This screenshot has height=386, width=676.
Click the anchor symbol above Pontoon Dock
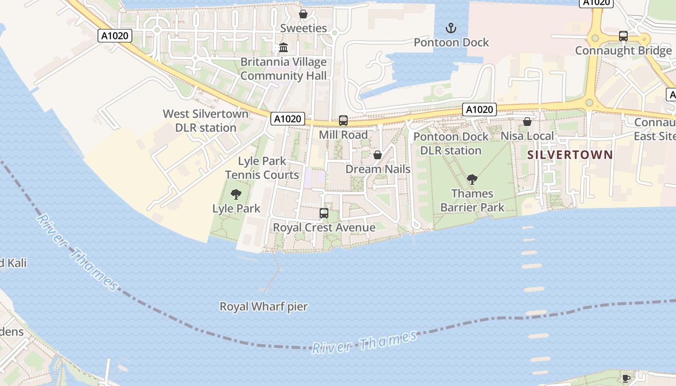(x=451, y=28)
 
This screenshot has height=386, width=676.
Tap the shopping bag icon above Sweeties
(x=303, y=14)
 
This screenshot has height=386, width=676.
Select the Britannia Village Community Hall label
(x=283, y=69)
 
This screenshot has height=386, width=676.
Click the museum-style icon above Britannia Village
(x=283, y=48)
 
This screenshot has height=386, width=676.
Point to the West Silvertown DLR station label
(x=206, y=121)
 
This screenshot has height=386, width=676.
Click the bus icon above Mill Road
(x=343, y=121)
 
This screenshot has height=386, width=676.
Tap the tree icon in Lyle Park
(x=236, y=194)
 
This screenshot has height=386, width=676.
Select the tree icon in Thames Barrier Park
(x=472, y=179)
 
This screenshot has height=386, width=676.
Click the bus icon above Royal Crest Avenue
(x=324, y=213)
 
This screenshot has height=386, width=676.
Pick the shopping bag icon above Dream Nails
(x=378, y=155)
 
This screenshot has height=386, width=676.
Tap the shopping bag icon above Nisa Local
(x=527, y=122)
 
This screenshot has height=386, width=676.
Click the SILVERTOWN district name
(x=570, y=155)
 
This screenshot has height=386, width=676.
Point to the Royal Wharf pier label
(x=264, y=306)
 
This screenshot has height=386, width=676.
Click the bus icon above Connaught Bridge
(x=623, y=36)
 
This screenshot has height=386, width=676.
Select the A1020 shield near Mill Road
(x=288, y=119)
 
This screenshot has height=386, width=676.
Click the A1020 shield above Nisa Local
(x=479, y=110)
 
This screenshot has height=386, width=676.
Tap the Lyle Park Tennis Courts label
(x=262, y=168)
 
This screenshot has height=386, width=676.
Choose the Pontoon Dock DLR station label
(x=451, y=143)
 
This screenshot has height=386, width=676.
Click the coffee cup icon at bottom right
(x=626, y=378)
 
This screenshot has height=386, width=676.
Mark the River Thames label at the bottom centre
(x=365, y=343)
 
